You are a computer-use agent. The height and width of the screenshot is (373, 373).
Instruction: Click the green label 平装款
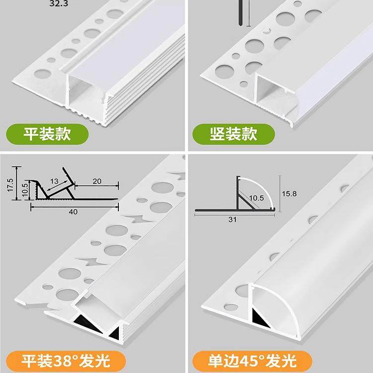tap(48, 134)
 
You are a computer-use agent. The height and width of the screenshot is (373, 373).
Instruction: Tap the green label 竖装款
tap(233, 134)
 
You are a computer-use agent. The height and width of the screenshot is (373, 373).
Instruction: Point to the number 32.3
tap(59, 3)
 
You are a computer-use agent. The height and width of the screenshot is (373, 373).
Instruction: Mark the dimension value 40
tap(73, 212)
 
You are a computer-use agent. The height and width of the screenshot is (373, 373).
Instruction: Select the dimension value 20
tap(97, 182)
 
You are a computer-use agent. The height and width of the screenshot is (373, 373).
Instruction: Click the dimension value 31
tap(232, 219)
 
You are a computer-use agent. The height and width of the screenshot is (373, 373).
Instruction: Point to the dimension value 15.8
tap(291, 193)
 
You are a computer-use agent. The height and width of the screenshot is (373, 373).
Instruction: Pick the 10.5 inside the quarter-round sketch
tap(256, 197)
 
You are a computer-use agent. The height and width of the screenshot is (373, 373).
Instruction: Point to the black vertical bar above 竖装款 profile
tap(240, 12)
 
